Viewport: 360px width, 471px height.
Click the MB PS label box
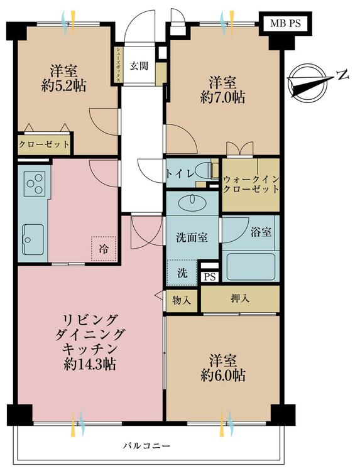[x=285, y=23]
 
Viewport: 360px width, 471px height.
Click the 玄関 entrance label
[x=139, y=66]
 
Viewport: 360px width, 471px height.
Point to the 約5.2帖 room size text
[x=63, y=87]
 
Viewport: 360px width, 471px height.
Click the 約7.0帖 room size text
[x=222, y=97]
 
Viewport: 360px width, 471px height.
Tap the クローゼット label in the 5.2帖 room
[x=44, y=144]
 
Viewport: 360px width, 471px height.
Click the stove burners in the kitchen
[x=35, y=183]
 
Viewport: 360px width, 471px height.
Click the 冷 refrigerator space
[x=104, y=249]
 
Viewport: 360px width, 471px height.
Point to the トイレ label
[x=178, y=174]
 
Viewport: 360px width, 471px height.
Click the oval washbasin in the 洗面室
[x=192, y=203]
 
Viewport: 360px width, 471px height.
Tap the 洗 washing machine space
[x=182, y=273]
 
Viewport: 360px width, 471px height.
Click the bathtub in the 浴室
[x=251, y=267]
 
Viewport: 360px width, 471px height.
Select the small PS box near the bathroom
[x=210, y=277]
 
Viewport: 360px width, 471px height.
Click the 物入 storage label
[x=182, y=300]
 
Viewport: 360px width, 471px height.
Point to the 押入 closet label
[x=240, y=298]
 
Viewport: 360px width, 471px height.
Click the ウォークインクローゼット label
[x=251, y=185]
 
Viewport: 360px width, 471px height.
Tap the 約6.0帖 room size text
[x=222, y=375]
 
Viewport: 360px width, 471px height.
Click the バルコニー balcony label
[x=147, y=445]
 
